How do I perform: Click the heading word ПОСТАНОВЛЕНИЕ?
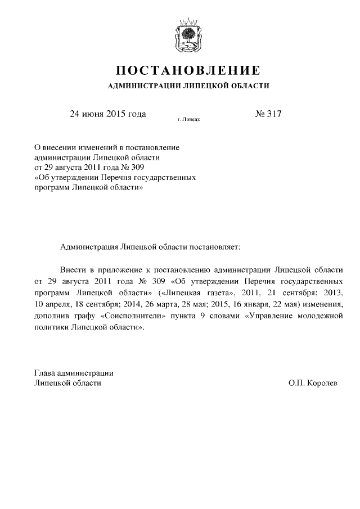188,71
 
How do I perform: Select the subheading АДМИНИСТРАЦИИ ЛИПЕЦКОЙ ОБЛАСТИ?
188,86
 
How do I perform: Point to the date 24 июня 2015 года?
107,114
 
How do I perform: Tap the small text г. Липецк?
188,119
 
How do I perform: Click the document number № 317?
268,114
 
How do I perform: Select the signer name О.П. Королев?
313,382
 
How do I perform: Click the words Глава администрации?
74,372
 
